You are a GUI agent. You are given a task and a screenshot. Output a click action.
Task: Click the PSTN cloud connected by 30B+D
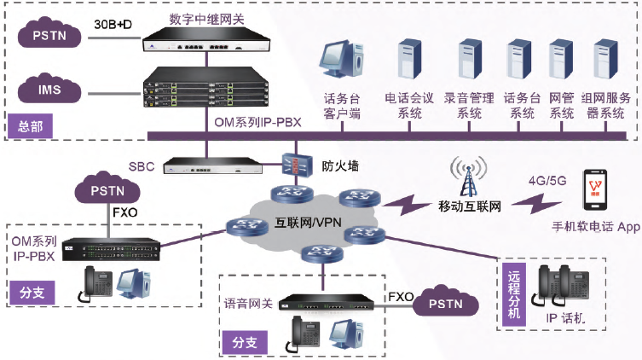point(49,37)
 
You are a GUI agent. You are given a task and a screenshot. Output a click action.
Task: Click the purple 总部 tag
point(29,126)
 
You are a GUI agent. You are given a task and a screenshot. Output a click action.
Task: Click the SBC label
point(142,164)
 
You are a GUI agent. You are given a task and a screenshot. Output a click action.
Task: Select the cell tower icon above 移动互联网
point(466,177)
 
